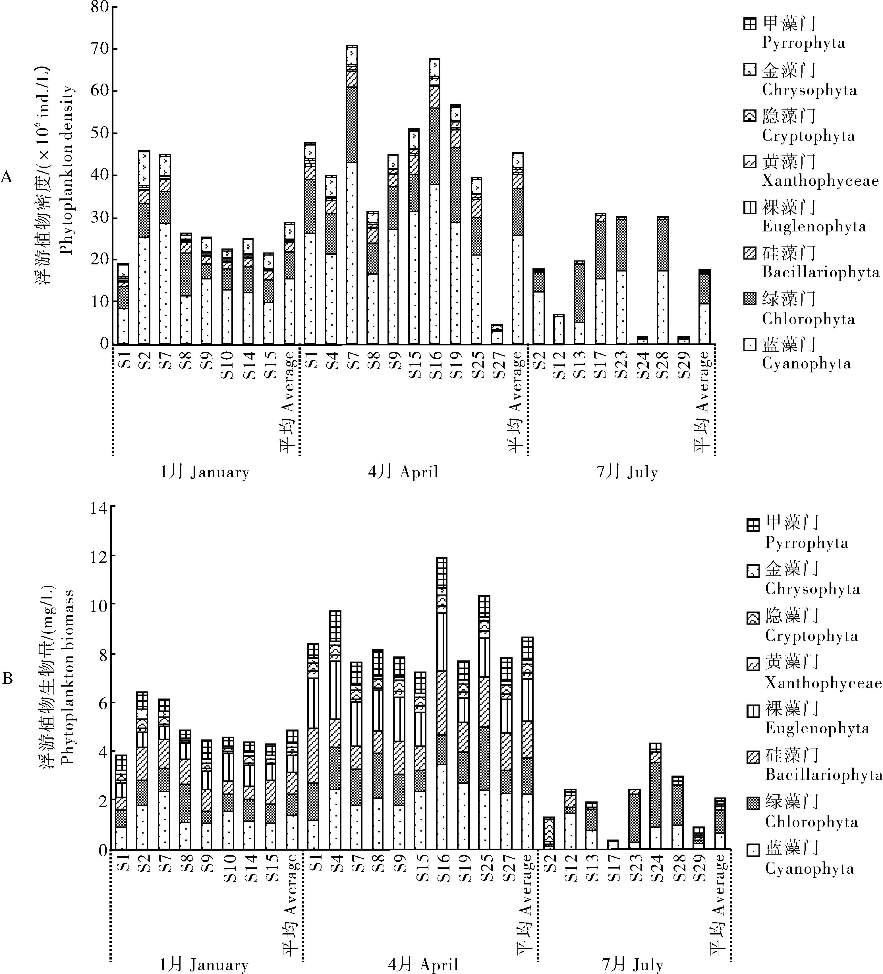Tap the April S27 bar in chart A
coord(497,334)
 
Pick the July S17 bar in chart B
coord(613,845)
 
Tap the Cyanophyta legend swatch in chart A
coord(750,345)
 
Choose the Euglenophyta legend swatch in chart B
coord(753,711)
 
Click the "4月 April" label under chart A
coord(403,472)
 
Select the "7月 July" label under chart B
coord(632,965)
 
